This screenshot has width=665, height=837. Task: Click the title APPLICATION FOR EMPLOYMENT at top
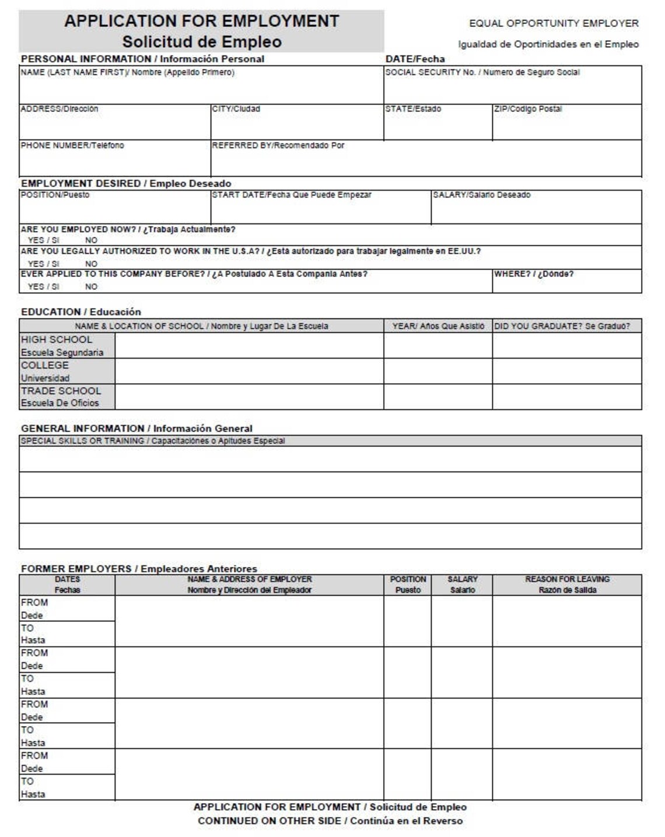click(x=201, y=21)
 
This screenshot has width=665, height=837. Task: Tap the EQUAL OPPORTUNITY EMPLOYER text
click(x=554, y=23)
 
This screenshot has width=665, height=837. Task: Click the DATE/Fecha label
click(x=415, y=59)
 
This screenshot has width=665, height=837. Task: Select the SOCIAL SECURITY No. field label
click(x=482, y=72)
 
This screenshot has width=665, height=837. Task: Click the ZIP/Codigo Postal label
click(x=528, y=109)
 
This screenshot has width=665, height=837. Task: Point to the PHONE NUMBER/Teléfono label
click(x=72, y=145)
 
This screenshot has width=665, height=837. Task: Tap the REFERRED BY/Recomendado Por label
click(x=278, y=145)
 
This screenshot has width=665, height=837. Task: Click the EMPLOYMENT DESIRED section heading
click(x=126, y=183)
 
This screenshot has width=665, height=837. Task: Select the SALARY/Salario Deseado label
click(x=481, y=195)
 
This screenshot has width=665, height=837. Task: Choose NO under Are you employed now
click(x=91, y=240)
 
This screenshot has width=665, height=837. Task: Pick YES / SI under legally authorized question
click(x=43, y=264)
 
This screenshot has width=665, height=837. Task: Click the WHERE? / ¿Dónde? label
click(x=534, y=274)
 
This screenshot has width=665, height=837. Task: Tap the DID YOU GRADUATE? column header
click(x=562, y=326)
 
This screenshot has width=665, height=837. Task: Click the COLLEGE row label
click(x=45, y=365)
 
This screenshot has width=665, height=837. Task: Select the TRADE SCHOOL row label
click(x=61, y=391)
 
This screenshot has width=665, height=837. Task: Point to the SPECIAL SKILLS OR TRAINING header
click(x=153, y=441)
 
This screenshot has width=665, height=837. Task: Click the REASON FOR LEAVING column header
click(x=567, y=584)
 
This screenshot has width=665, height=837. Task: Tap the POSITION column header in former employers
click(x=408, y=584)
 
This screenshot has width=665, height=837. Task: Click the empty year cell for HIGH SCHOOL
click(x=437, y=345)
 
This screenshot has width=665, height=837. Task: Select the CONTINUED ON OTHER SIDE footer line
click(x=330, y=821)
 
